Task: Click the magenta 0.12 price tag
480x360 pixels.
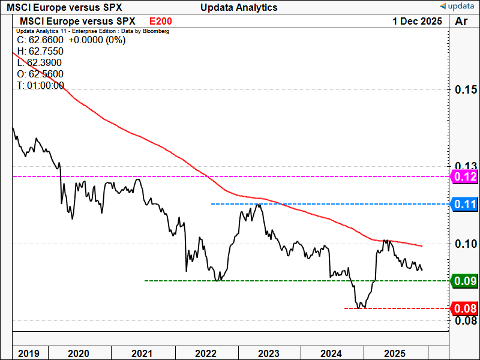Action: point(464,176)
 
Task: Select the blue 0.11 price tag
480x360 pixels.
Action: point(464,204)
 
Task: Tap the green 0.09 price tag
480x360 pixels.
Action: point(464,281)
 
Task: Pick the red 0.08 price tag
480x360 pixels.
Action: point(464,308)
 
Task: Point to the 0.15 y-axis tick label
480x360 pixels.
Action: point(465,90)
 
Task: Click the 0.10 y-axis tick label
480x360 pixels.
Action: point(465,244)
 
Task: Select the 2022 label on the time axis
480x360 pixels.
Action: point(206,353)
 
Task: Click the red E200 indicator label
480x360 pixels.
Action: point(161,21)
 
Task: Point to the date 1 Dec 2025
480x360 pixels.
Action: point(418,21)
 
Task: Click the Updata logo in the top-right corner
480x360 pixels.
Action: point(458,7)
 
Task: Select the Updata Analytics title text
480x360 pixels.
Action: point(239,7)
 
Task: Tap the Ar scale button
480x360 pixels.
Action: point(462,21)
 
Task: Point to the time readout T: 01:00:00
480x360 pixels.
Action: point(40,85)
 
